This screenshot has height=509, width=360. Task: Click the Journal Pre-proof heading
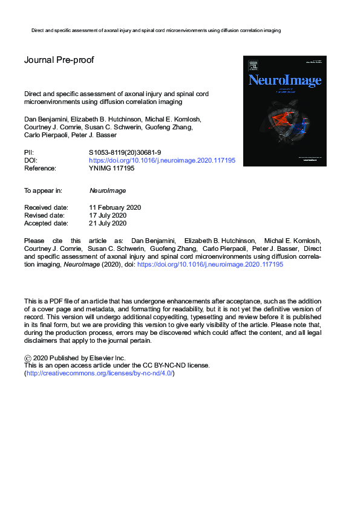click(x=59, y=60)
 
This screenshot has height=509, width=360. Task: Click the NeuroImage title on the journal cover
click(x=284, y=80)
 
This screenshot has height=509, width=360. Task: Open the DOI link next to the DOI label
click(x=162, y=161)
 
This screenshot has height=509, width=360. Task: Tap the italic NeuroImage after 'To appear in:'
click(x=107, y=190)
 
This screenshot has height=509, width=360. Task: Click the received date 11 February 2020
click(x=115, y=207)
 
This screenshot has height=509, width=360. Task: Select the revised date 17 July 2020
click(x=108, y=215)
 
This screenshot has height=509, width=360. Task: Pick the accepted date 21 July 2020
click(x=108, y=223)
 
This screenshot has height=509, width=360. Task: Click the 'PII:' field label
click(x=29, y=152)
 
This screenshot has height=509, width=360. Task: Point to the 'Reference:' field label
click(x=41, y=169)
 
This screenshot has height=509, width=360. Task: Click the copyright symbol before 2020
click(x=28, y=357)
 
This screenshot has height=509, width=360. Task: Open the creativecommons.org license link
click(x=99, y=374)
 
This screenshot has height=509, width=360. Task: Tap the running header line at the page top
click(x=155, y=30)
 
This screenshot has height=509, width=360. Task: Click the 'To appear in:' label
click(x=43, y=190)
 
